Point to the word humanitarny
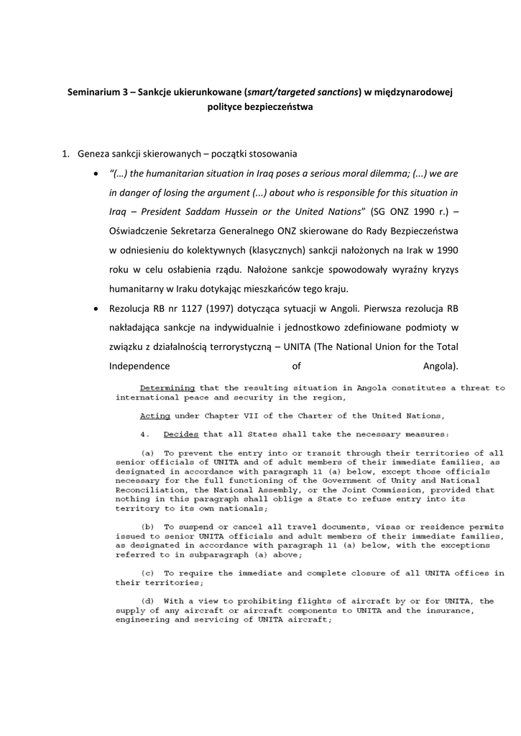139,289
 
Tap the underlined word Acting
155,415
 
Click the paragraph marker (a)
149,454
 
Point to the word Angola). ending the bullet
441,367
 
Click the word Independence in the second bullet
139,367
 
